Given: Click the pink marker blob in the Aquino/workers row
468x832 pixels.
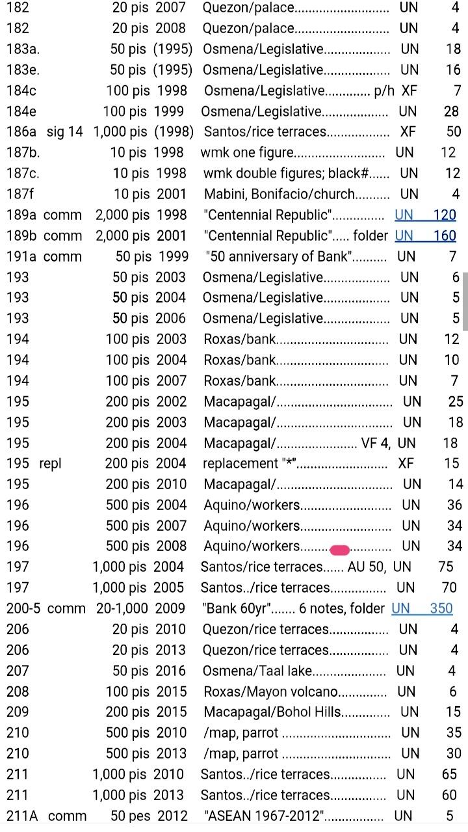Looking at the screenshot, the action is click(340, 550).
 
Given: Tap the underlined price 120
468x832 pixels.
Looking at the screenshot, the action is click(445, 215).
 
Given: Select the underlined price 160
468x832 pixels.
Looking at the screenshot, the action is click(445, 236).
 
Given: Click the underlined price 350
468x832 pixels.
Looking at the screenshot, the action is click(441, 609).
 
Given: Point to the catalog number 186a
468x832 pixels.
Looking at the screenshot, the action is click(21, 132).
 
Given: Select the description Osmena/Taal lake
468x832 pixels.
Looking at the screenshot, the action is click(257, 671).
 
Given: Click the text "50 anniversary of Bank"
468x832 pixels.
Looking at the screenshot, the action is click(279, 257).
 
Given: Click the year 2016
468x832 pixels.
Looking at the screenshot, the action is click(170, 671).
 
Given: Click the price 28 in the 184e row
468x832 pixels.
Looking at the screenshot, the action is click(451, 112).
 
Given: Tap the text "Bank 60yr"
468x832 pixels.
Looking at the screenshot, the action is click(238, 609).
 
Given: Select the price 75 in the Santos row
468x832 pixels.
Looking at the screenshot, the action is click(446, 567).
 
